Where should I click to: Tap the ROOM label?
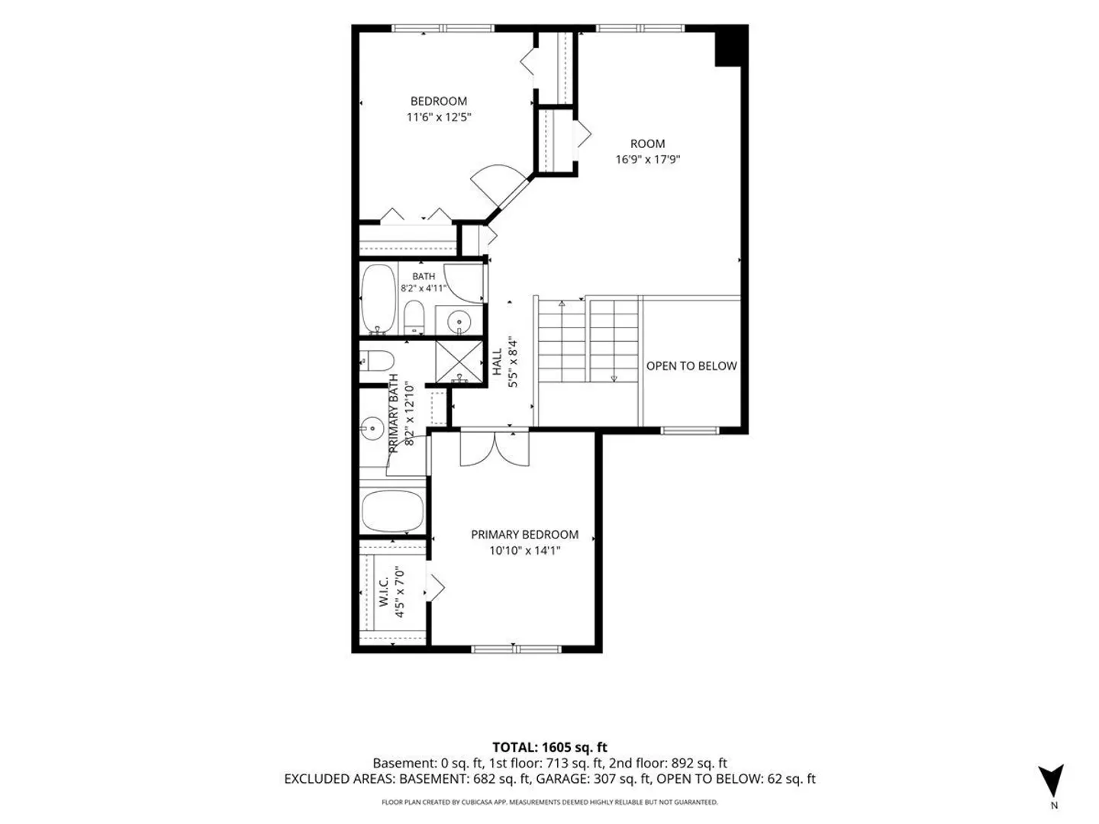pos(647,143)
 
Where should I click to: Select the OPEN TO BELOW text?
pos(691,365)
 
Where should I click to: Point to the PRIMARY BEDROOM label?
pos(525,534)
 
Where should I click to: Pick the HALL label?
pos(497,362)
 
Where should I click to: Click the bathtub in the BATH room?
pos(379,299)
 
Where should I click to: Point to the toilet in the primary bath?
pos(376,361)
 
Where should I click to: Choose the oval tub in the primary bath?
pos(392,511)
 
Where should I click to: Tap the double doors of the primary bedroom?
pos(495,449)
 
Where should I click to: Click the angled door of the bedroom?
pos(501,186)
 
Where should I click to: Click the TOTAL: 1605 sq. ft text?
pos(549,748)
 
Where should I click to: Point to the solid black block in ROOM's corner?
pos(727,46)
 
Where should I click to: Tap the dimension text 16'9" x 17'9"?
pos(647,159)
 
